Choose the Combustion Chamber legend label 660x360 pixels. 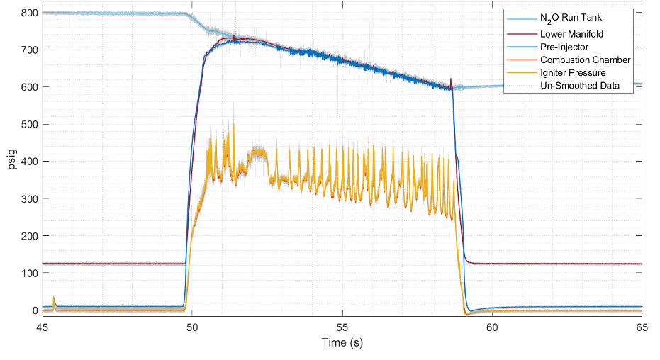click(x=585, y=60)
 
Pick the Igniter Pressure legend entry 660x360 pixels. click(x=573, y=72)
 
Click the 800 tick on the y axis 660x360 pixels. click(x=29, y=13)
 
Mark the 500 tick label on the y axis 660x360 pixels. click(x=29, y=124)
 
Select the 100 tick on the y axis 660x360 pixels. click(x=29, y=273)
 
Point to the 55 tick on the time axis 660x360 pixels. click(x=342, y=327)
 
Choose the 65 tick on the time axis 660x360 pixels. click(x=641, y=327)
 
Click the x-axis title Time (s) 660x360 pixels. click(x=342, y=342)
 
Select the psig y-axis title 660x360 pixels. click(x=11, y=162)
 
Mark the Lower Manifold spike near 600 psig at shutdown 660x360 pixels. click(x=451, y=79)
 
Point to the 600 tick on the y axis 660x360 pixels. click(x=29, y=87)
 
